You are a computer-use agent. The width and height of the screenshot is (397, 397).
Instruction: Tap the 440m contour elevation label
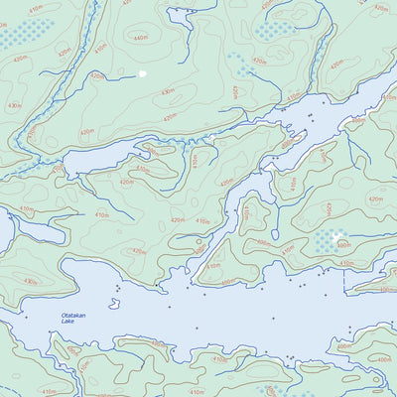(x=140, y=38)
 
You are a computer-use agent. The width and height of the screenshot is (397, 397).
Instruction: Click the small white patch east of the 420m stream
(x=143, y=72)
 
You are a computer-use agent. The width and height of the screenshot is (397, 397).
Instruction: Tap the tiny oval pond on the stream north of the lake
(x=199, y=241)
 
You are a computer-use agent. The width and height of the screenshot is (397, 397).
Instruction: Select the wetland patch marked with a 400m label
(x=327, y=241)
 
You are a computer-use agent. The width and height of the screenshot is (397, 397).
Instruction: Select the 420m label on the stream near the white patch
(x=96, y=75)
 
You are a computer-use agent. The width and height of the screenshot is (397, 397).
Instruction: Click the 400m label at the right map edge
(x=386, y=290)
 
